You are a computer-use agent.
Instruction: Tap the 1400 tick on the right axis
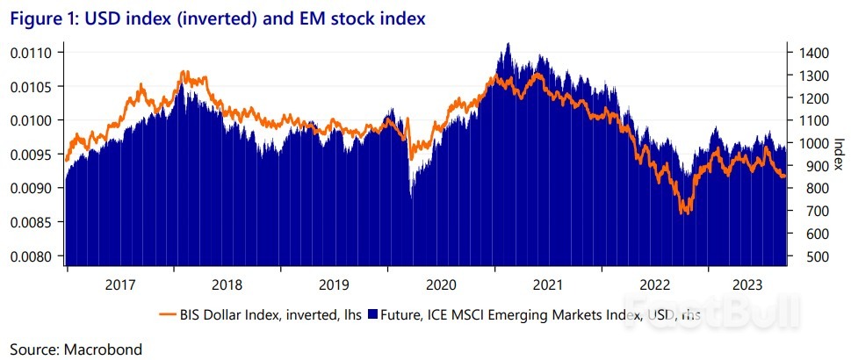(x=811, y=54)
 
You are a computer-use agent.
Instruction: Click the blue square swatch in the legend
(x=372, y=313)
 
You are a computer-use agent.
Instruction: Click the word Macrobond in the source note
(x=103, y=349)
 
